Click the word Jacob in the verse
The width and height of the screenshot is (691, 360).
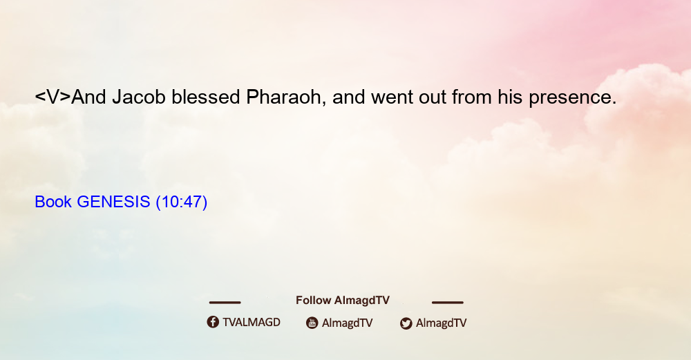click(139, 97)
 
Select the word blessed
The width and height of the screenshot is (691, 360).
click(206, 97)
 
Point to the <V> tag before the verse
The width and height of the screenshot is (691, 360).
click(53, 97)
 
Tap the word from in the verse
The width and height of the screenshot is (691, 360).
click(472, 97)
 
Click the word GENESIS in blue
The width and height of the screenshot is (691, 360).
click(113, 202)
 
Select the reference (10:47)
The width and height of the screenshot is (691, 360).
click(182, 202)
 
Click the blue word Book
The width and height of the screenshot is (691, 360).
click(53, 202)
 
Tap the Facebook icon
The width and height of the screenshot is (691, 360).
click(213, 322)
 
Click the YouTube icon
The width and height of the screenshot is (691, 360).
click(312, 323)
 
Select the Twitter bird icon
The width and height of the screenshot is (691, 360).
click(406, 323)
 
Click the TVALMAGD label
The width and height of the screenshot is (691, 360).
click(252, 322)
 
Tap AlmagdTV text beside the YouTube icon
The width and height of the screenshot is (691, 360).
click(348, 323)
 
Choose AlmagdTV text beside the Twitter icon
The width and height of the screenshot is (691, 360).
click(441, 323)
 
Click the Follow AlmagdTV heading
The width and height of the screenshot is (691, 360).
click(343, 300)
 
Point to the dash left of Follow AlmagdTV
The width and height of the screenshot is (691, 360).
click(225, 302)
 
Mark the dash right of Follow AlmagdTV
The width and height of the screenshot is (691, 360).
click(448, 302)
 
